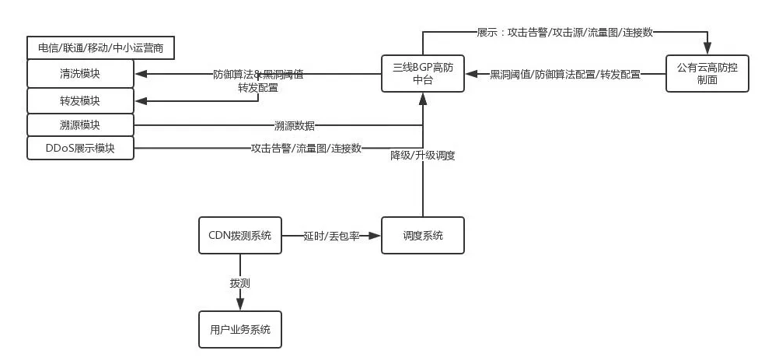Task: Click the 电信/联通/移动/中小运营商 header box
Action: click(100, 48)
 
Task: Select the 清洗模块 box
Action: click(80, 75)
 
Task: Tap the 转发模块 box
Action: click(80, 100)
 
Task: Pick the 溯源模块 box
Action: click(80, 124)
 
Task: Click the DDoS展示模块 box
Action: click(80, 149)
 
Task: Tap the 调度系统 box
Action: click(422, 235)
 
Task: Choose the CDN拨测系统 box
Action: click(239, 235)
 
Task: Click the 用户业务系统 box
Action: click(239, 329)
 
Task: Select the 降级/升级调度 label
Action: click(422, 155)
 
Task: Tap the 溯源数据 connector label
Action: click(294, 124)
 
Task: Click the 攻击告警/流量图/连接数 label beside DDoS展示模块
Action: click(306, 149)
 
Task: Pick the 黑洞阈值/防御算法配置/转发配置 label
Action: click(565, 75)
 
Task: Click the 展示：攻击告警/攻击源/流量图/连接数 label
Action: click(564, 32)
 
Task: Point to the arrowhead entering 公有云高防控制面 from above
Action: click(707, 49)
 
